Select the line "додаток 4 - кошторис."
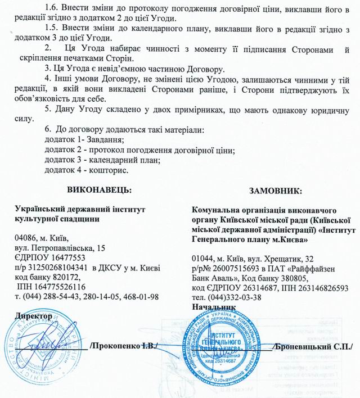pos(86,170)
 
